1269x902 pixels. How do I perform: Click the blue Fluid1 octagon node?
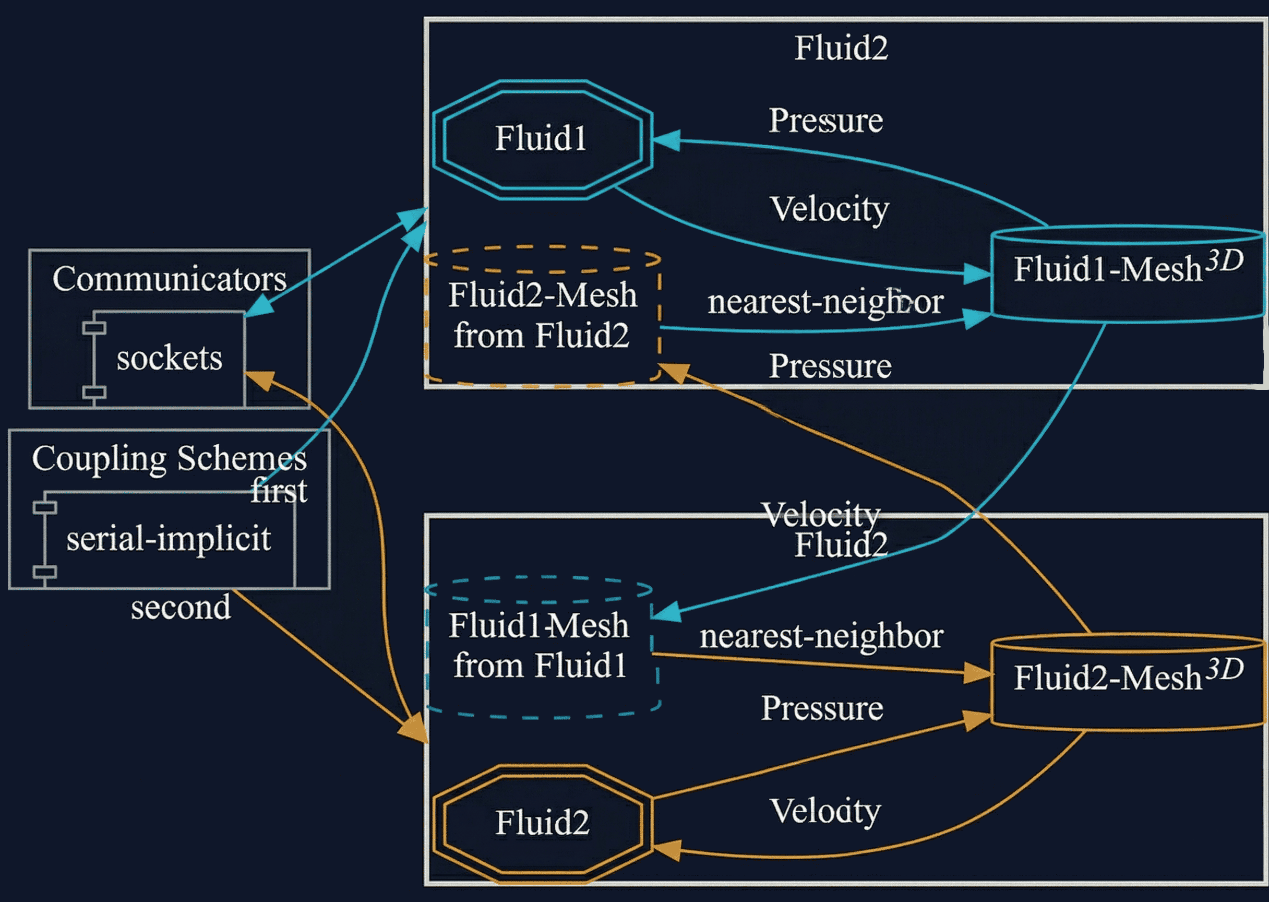click(541, 139)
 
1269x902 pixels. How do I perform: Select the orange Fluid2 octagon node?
click(541, 823)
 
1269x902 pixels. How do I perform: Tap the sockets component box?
click(169, 358)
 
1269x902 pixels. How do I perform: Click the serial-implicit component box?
click(169, 539)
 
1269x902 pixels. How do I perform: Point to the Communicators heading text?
click(169, 279)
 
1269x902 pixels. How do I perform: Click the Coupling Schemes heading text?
click(169, 459)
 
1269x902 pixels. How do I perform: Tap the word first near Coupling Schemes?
click(279, 491)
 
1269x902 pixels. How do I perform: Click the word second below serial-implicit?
click(181, 608)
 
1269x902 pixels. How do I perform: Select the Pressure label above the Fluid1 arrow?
click(825, 121)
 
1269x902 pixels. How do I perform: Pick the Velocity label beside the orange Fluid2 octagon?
click(825, 812)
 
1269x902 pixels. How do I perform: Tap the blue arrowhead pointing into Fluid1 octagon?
click(666, 140)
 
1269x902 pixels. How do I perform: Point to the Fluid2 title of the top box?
click(841, 49)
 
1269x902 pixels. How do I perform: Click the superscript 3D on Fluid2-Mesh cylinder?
click(1225, 669)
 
